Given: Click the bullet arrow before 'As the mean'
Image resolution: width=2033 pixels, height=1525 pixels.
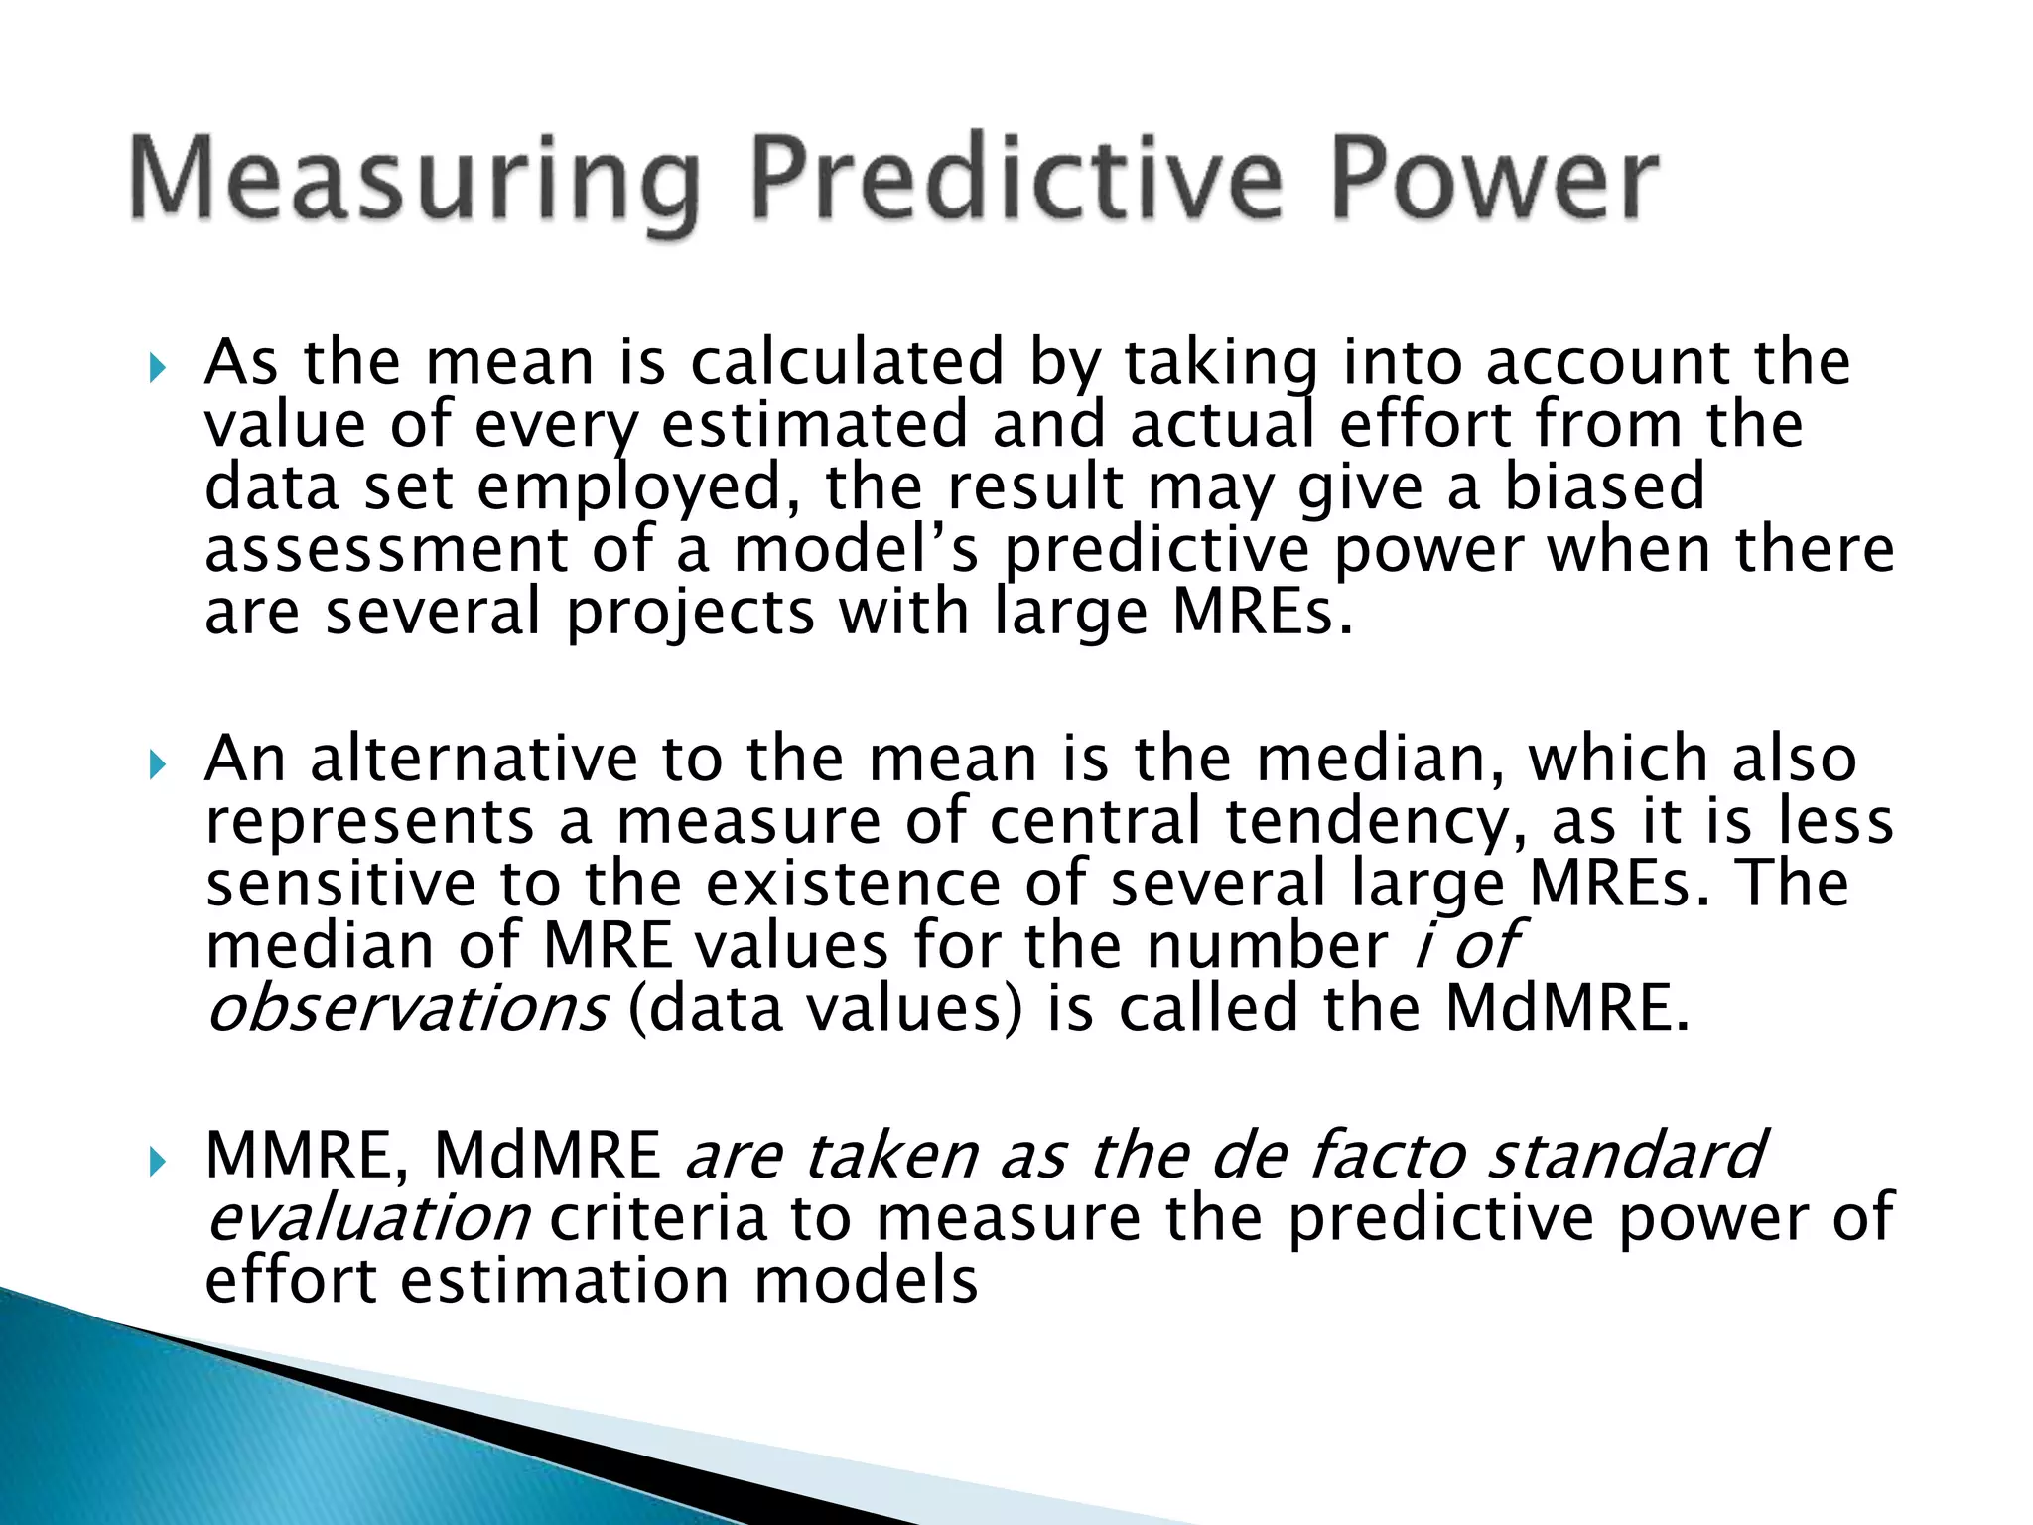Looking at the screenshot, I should [156, 369].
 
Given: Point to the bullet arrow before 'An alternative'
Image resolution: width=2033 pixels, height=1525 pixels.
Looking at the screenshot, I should [156, 765].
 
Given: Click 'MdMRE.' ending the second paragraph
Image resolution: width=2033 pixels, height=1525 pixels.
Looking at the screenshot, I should [1566, 1009].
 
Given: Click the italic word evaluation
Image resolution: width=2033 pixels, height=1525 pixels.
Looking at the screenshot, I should [368, 1219].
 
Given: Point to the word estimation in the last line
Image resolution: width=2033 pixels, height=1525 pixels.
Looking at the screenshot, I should [566, 1281].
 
